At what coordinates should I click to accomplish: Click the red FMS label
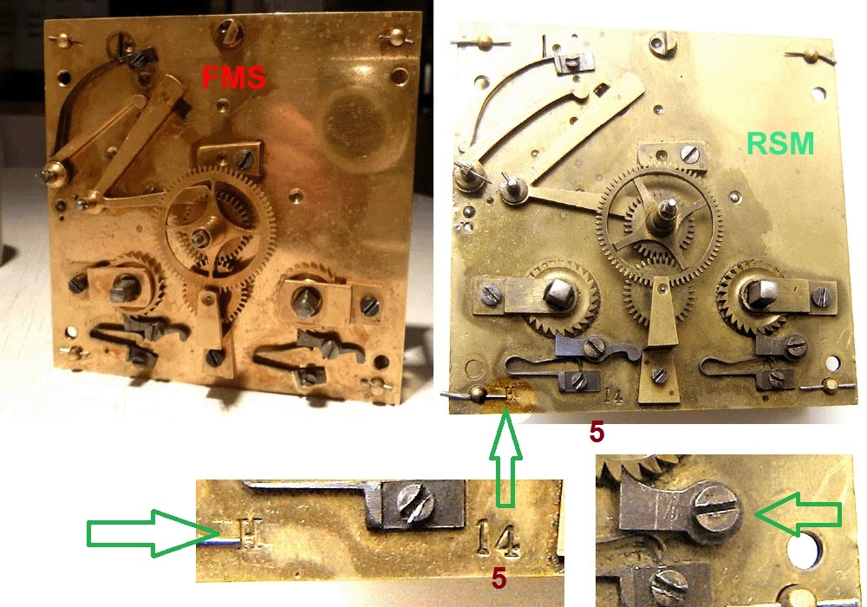point(233,77)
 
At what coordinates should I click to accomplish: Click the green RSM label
point(780,144)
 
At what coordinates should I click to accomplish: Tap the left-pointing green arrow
point(798,515)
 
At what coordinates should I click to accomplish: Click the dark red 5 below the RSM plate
point(596,432)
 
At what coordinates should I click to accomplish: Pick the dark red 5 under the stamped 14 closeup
point(499,578)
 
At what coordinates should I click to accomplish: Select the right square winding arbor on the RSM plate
point(758,293)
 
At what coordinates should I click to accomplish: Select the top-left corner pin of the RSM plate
point(485,41)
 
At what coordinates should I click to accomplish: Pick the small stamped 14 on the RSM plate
point(613,395)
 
